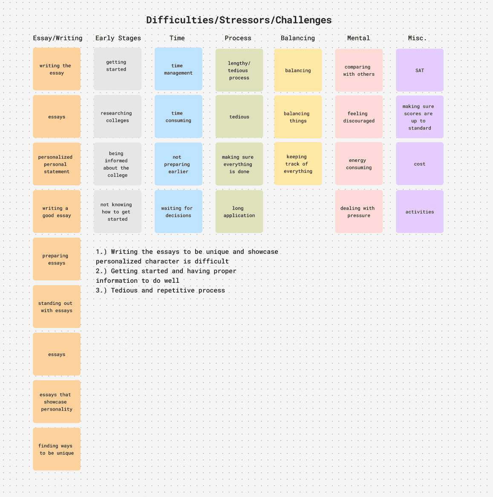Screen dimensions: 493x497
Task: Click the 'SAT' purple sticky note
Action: [x=420, y=70]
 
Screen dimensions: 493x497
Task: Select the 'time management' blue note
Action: [x=178, y=69]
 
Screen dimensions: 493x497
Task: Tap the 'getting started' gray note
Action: [x=117, y=69]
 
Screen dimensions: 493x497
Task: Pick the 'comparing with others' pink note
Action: [x=359, y=70]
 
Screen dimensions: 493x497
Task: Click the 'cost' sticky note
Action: [x=420, y=164]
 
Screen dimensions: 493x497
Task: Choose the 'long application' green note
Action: [x=239, y=212]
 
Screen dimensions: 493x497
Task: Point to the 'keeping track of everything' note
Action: [x=298, y=164]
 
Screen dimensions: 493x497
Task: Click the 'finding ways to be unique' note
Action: [x=57, y=449]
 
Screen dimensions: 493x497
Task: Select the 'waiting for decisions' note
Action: [x=178, y=212]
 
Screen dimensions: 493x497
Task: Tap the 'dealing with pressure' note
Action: [x=359, y=212]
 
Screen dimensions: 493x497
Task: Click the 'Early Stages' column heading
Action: [x=118, y=38]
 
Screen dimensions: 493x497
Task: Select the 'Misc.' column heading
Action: [x=417, y=38]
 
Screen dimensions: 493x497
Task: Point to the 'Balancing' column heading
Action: [x=298, y=38]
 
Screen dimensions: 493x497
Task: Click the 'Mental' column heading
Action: [x=358, y=38]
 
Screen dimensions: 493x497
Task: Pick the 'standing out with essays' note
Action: [x=57, y=307]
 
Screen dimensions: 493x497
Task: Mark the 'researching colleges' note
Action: [x=117, y=117]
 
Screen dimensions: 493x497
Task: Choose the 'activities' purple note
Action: [x=420, y=212]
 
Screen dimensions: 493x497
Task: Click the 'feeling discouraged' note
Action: [x=359, y=117]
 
